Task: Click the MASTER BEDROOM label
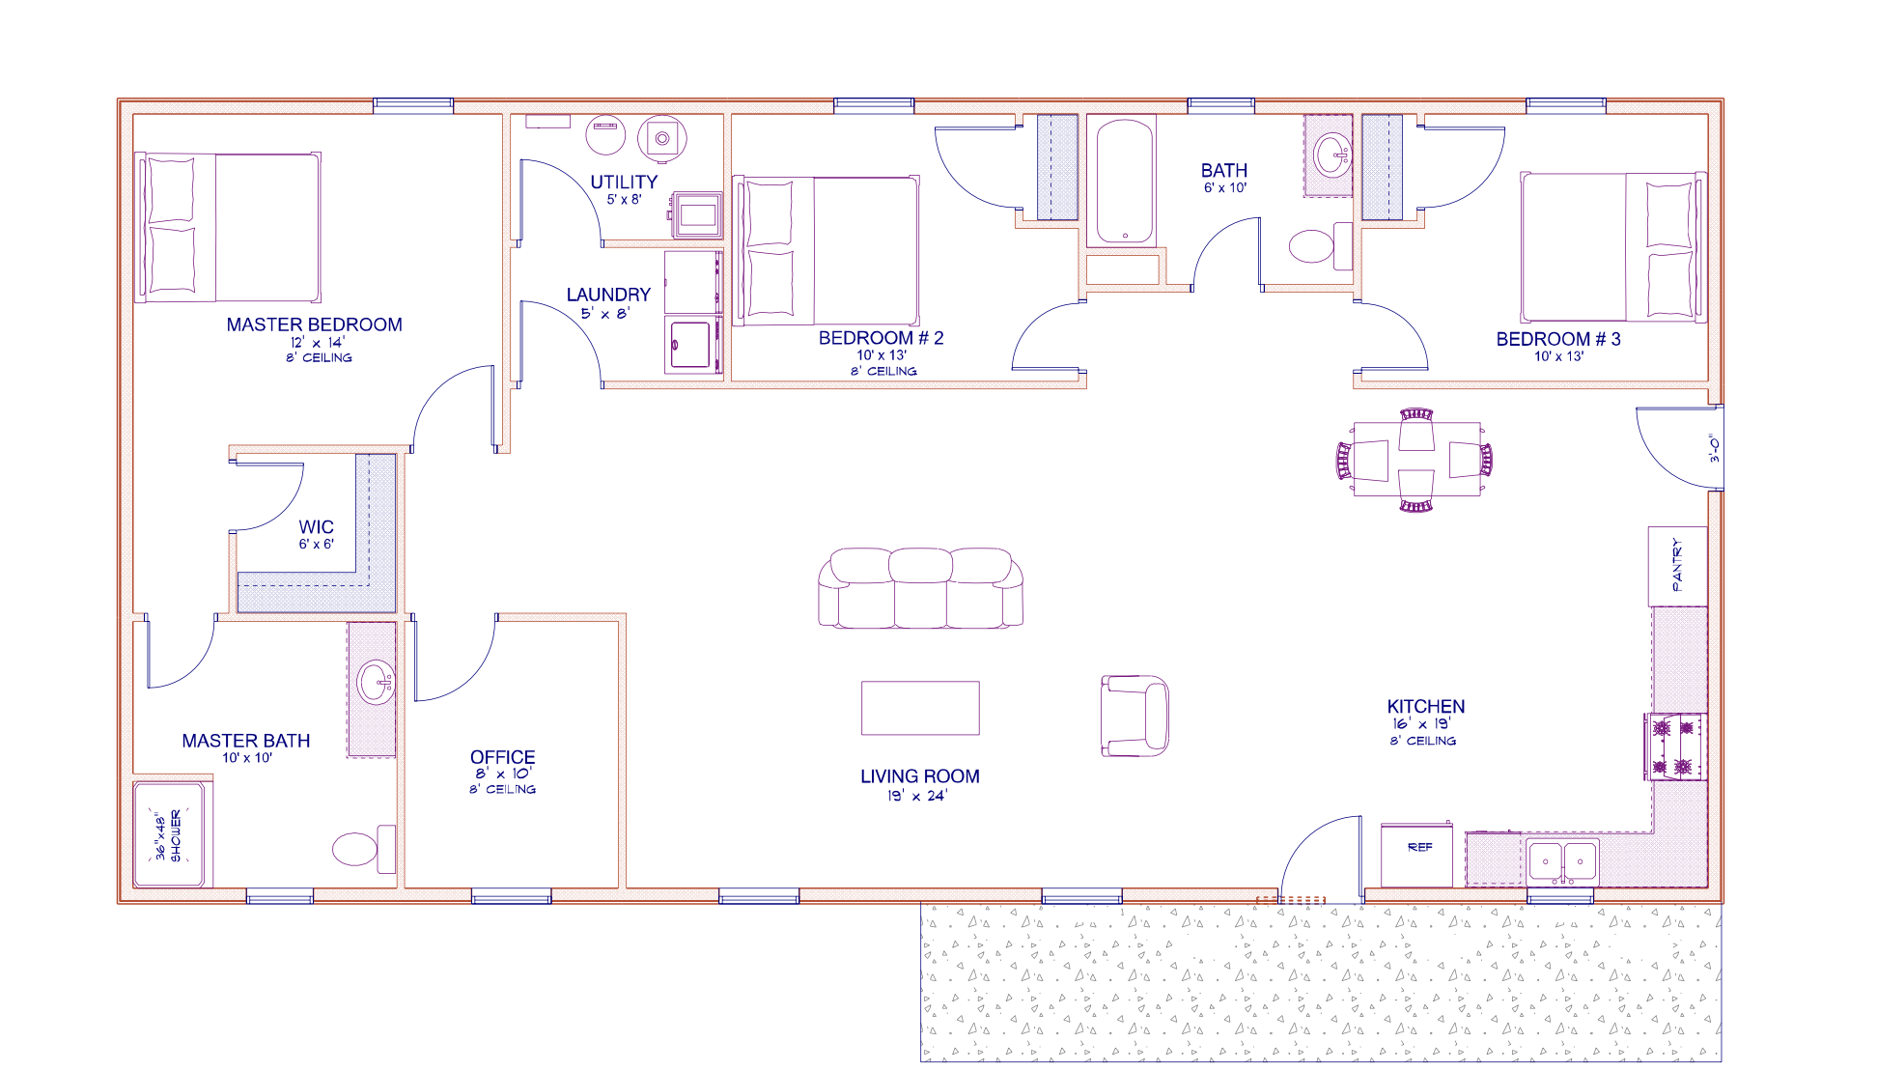click(314, 325)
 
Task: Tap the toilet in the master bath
click(364, 849)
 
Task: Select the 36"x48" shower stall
click(170, 834)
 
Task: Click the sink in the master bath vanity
click(375, 684)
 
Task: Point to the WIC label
click(316, 527)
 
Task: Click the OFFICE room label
click(502, 757)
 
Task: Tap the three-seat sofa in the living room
click(920, 588)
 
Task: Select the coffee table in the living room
click(920, 708)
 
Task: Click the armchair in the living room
click(1135, 716)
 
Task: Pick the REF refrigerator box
click(1416, 855)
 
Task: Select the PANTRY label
click(1676, 565)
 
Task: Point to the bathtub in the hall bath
click(1125, 182)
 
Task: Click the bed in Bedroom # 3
click(1612, 247)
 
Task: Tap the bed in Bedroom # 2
click(826, 250)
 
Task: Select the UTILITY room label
click(624, 183)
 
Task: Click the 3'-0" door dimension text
click(1715, 448)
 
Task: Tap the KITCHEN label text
click(1426, 707)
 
